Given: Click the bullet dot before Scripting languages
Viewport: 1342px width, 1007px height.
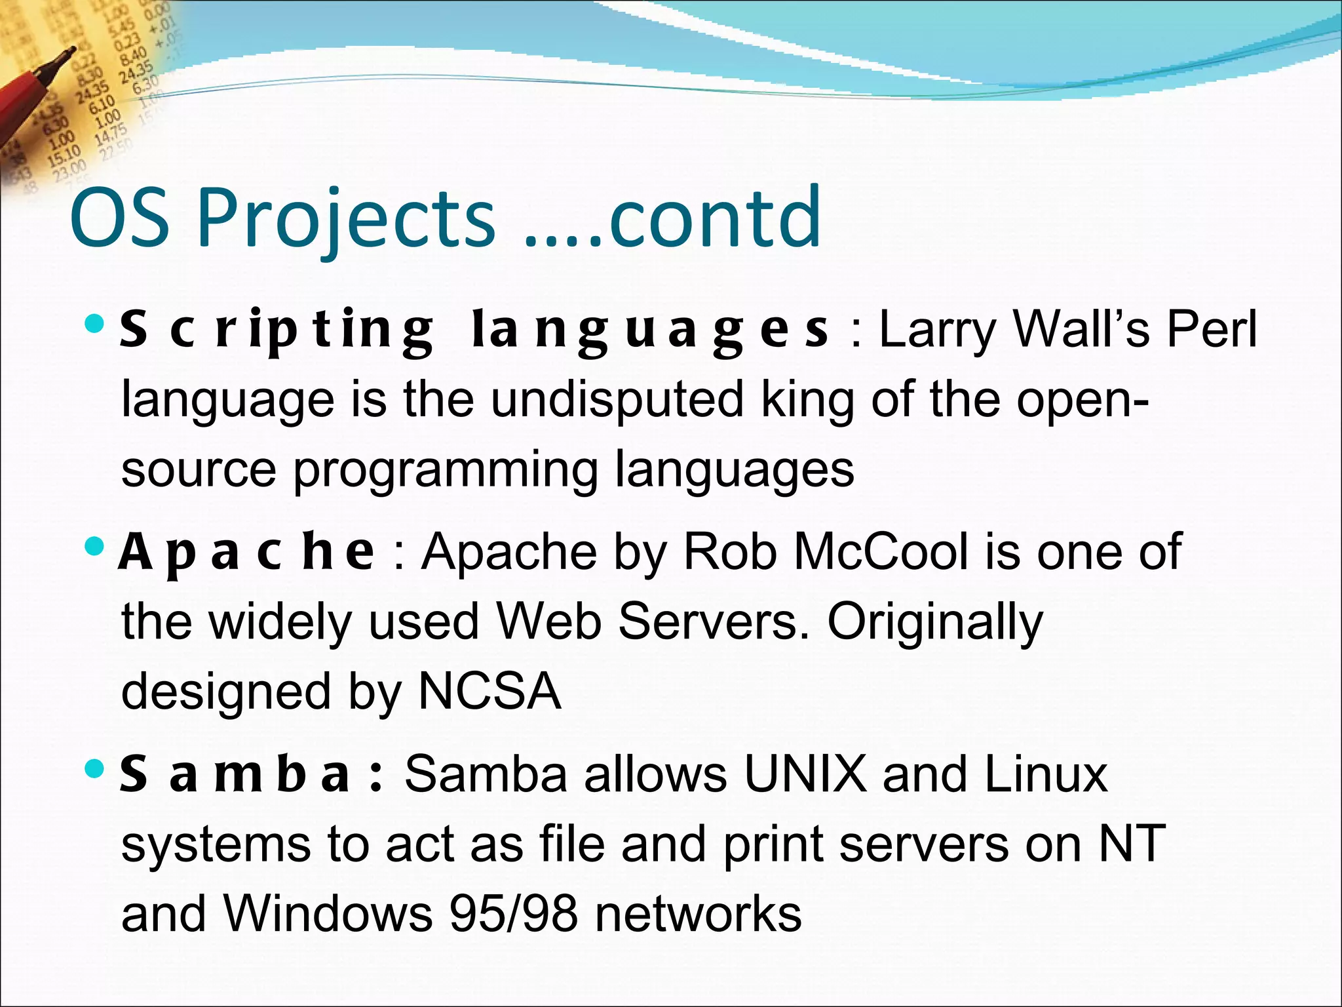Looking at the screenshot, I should [x=95, y=323].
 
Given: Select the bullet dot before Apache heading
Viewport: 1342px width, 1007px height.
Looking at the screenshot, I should [x=95, y=546].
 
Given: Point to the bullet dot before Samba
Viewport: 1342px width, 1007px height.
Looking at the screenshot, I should [x=95, y=768].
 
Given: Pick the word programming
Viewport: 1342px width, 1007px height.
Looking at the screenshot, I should [x=445, y=471].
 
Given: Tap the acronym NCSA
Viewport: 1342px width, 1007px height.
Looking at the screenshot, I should [x=489, y=692].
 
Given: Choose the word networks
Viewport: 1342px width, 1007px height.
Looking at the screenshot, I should [x=699, y=914].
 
